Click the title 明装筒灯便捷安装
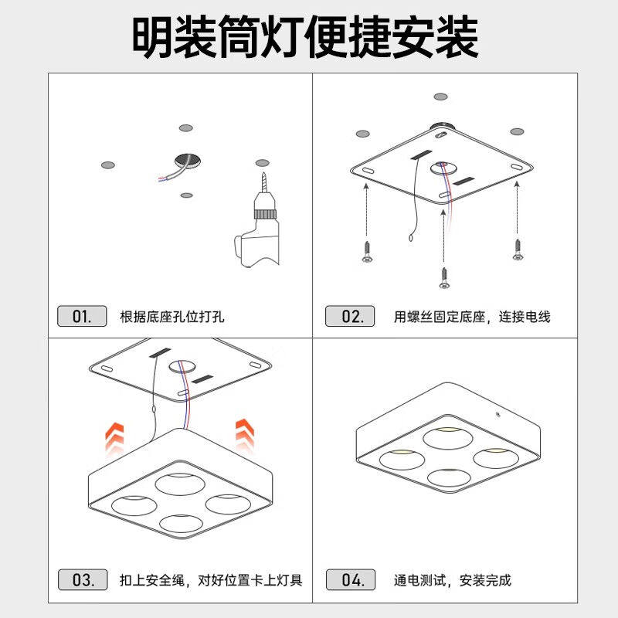pos(304,36)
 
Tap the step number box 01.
pos(81,316)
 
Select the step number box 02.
pos(349,316)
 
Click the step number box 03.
pos(81,579)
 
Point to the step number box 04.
pos(349,579)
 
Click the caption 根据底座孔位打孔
pos(171,317)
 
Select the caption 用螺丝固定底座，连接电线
pos(472,317)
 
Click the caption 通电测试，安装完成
pos(452,580)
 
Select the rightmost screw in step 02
pos(517,250)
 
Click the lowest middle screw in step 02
pos(444,277)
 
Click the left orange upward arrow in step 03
pos(115,439)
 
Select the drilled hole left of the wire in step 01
pos(108,165)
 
